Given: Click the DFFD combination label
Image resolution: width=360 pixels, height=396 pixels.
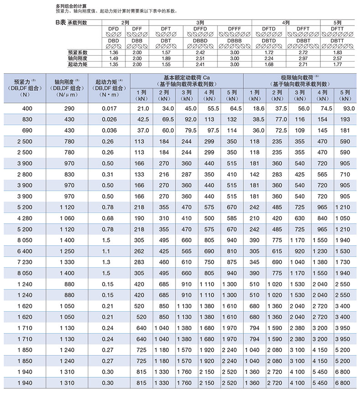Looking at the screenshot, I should [200, 29].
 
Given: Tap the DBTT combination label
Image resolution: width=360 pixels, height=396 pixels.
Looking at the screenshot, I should [338, 41].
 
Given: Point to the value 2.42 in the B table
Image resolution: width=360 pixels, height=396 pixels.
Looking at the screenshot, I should [200, 53].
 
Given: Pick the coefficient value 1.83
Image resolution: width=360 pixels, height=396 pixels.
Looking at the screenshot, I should [338, 53].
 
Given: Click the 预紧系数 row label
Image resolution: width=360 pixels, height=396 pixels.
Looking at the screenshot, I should [77, 53].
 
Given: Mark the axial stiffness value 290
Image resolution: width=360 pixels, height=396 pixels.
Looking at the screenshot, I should [72, 108].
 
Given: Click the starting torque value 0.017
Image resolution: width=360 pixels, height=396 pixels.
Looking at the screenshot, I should [109, 108].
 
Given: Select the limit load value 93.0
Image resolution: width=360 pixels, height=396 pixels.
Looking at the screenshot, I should [348, 108].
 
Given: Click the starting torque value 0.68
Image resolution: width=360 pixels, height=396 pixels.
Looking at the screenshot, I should [109, 218].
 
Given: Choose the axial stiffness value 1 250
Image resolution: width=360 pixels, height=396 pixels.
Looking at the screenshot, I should [72, 251].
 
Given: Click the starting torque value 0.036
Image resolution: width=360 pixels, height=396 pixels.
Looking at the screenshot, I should [109, 130].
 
